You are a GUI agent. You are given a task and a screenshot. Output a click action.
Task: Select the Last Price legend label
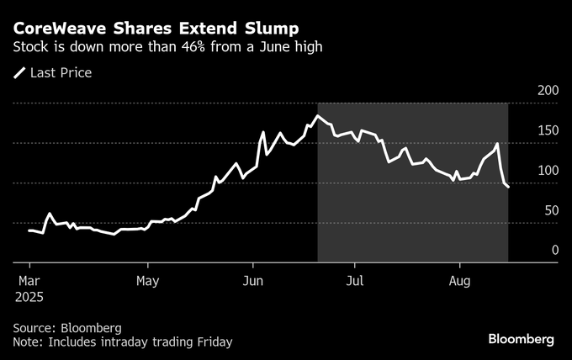click(61, 73)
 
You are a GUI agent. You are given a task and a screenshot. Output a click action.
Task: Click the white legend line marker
click(19, 73)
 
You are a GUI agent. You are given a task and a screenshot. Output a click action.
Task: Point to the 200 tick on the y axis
click(548, 90)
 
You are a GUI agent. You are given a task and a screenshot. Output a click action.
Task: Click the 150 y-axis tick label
click(548, 130)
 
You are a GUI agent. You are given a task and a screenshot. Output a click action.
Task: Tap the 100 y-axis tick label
click(548, 170)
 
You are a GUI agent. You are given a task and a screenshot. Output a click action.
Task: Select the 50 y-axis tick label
click(551, 210)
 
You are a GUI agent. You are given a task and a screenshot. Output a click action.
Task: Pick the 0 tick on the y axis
click(554, 250)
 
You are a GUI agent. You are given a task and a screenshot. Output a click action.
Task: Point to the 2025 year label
click(29, 297)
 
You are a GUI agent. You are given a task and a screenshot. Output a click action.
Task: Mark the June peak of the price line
click(318, 116)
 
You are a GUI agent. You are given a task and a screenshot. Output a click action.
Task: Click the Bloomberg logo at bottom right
click(522, 339)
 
